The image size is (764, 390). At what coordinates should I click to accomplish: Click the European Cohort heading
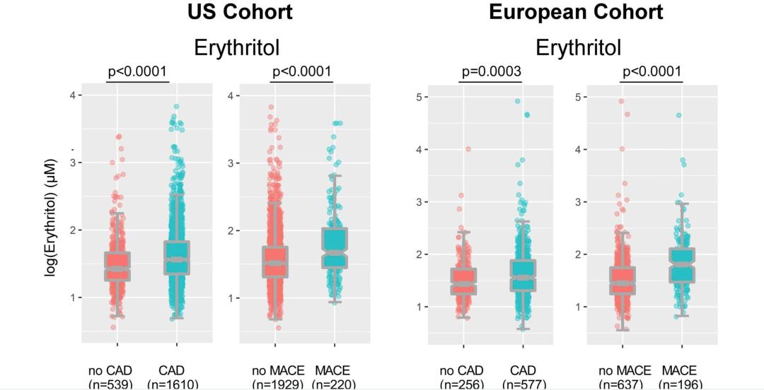click(x=576, y=12)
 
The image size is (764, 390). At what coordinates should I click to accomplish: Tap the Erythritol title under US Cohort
click(x=237, y=47)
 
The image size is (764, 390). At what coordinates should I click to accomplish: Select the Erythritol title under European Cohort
click(x=578, y=47)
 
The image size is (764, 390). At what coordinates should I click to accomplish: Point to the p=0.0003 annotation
click(x=491, y=71)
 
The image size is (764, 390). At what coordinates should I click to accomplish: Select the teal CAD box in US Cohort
click(x=176, y=257)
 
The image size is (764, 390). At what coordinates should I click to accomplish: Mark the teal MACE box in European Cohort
click(x=682, y=265)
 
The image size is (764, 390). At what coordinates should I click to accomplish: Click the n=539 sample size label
click(x=110, y=384)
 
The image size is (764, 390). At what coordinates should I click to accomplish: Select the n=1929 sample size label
click(x=277, y=384)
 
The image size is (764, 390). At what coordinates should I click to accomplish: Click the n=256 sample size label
click(x=461, y=384)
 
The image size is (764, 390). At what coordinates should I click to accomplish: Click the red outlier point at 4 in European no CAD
click(x=468, y=149)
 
